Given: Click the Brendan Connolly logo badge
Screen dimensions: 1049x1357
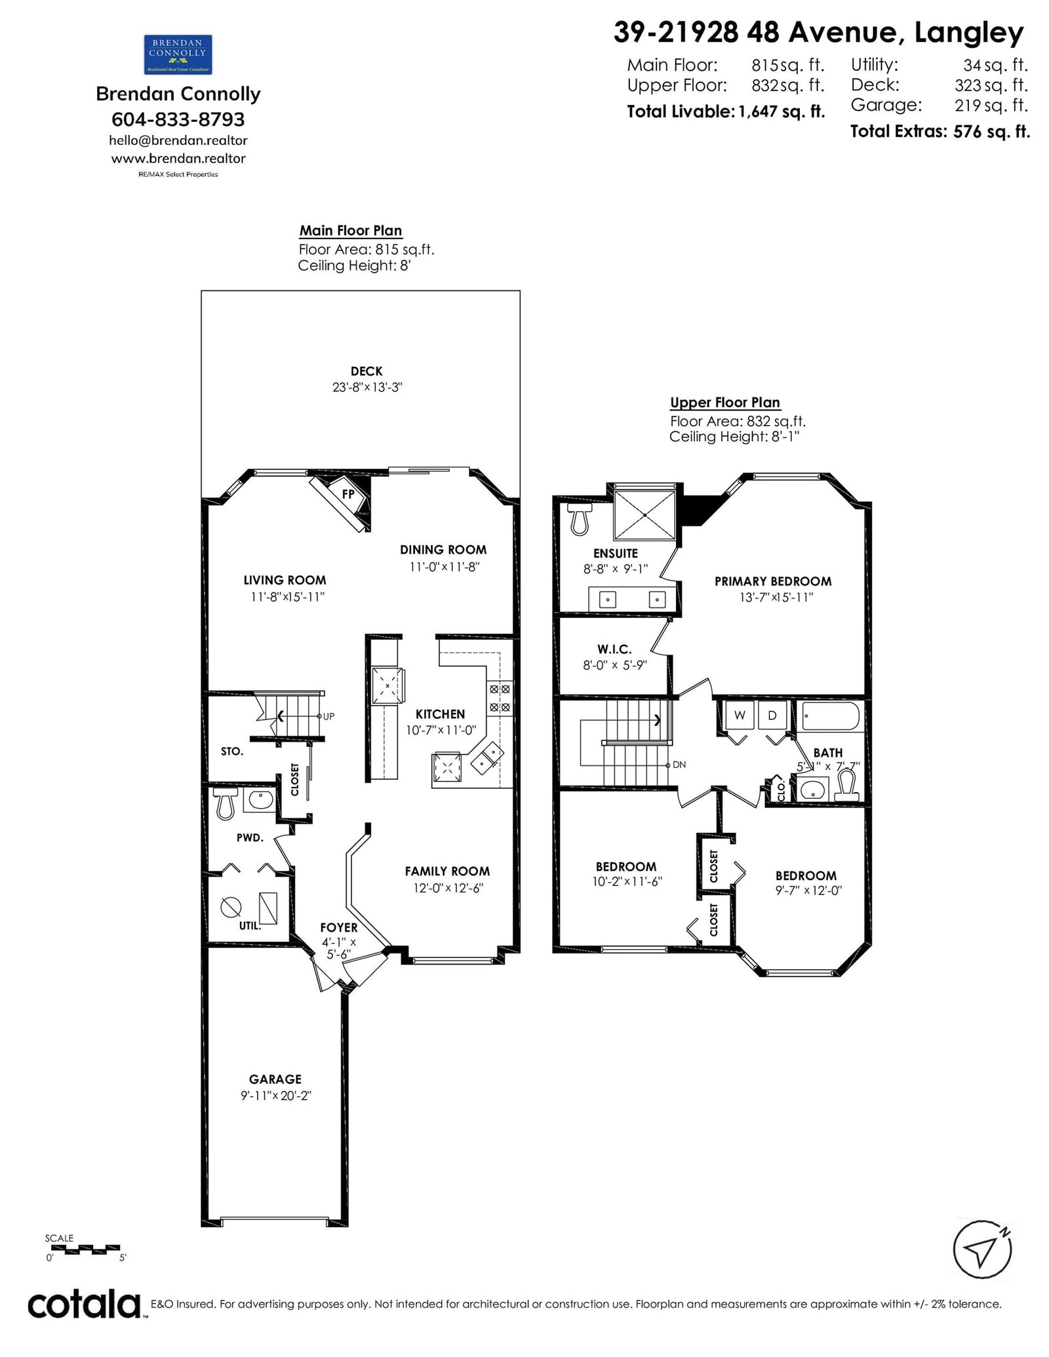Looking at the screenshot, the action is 178,54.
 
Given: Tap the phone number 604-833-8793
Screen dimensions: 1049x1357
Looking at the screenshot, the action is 178,119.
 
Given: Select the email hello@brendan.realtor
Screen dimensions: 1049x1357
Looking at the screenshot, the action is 178,140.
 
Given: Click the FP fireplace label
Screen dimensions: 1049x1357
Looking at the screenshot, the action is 347,494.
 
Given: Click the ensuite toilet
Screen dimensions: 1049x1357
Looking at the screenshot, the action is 579,518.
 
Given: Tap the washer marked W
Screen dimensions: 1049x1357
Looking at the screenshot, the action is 740,716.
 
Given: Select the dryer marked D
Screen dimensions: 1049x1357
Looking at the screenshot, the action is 772,716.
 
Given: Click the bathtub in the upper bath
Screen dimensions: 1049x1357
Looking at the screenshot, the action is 831,716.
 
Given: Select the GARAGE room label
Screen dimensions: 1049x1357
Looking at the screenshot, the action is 275,1079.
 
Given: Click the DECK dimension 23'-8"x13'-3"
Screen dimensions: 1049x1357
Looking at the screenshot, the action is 366,387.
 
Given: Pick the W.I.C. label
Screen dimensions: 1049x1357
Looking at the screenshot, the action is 615,649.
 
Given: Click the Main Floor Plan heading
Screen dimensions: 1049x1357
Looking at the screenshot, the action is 351,231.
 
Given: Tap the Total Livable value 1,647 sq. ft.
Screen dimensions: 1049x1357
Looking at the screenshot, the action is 782,111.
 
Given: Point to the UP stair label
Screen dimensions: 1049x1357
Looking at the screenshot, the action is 328,716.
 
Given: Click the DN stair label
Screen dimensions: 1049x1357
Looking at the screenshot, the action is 679,765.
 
